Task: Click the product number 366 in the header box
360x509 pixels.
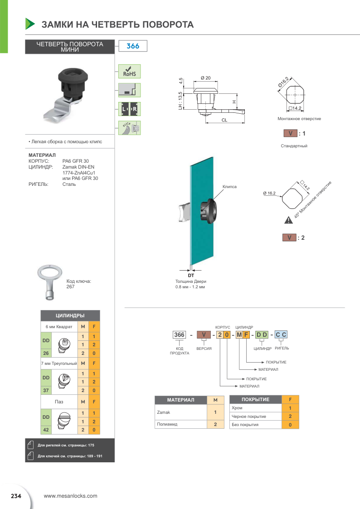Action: [132, 47]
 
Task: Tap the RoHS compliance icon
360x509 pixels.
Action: [129, 72]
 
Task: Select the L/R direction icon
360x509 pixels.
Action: [129, 109]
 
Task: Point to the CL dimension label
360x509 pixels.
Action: [224, 120]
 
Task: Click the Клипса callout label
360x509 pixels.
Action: [229, 187]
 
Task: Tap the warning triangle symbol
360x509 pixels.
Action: [288, 221]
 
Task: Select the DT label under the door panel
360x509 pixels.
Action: [190, 275]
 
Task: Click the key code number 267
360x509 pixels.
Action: [70, 286]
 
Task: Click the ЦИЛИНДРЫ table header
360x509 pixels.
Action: [70, 315]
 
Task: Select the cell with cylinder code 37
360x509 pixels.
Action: [46, 390]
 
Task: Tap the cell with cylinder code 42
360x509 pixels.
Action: [46, 430]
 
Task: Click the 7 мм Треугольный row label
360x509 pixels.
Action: [59, 363]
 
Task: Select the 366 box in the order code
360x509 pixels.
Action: [180, 335]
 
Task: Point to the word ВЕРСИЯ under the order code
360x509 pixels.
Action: [204, 348]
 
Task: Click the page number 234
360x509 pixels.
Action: [16, 496]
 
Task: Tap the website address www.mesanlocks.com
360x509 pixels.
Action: [70, 496]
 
